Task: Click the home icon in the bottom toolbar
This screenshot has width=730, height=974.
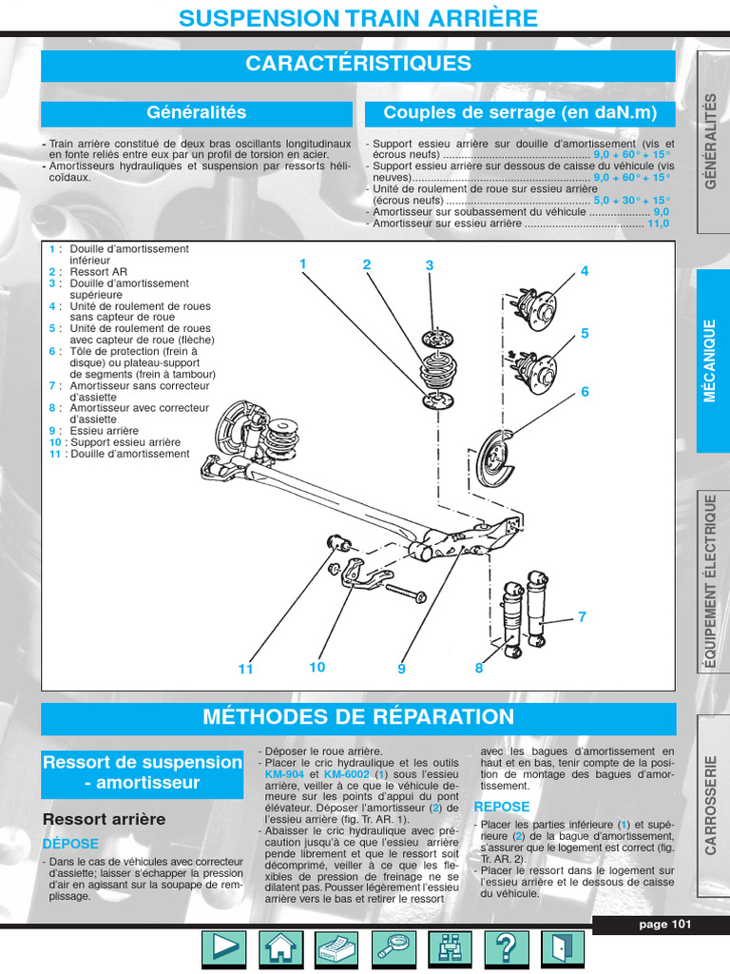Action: [x=279, y=948]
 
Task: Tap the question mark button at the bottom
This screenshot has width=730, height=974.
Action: [x=507, y=948]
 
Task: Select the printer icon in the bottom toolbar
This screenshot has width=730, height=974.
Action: [x=336, y=948]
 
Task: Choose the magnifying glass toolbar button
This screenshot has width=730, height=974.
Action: [x=393, y=948]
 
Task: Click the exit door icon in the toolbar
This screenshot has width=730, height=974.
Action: [x=563, y=948]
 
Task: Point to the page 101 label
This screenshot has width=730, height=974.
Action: [x=664, y=925]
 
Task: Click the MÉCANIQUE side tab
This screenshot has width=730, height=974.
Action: [x=712, y=360]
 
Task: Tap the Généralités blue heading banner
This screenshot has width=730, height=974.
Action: [x=197, y=113]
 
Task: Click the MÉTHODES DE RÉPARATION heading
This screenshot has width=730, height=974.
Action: [x=358, y=717]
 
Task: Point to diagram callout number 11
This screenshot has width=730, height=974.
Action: [x=246, y=670]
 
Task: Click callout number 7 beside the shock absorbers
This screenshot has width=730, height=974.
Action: [x=582, y=617]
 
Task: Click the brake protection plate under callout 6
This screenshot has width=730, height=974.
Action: [x=495, y=457]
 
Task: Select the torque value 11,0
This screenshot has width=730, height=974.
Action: [x=658, y=224]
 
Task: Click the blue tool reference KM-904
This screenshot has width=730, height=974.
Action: [x=284, y=774]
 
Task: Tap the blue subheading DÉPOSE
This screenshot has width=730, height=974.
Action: [x=70, y=844]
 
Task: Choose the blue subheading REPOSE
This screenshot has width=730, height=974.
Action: [x=502, y=807]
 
